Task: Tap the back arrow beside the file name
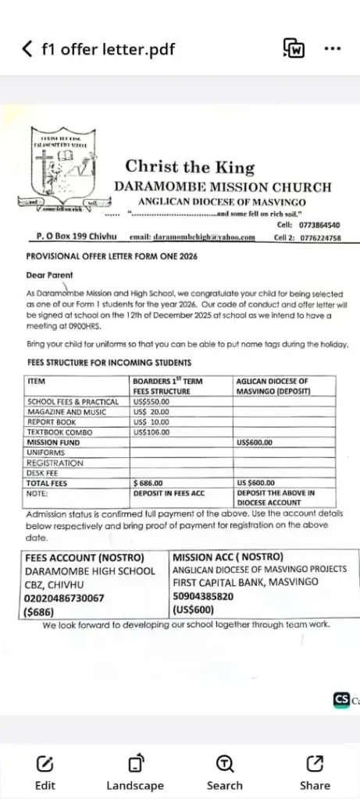pos(28,49)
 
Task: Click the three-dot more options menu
pos(333,48)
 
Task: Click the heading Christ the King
pos(190,166)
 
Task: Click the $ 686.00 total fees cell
pos(151,483)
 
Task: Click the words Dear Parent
pos(49,275)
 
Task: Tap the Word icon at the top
pos(294,48)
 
